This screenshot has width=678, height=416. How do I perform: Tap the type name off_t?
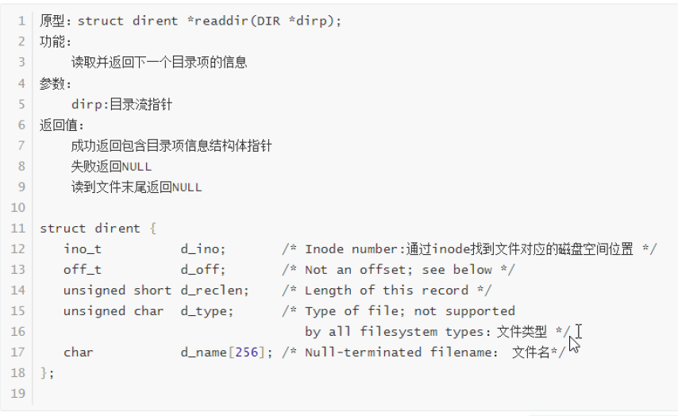click(x=83, y=269)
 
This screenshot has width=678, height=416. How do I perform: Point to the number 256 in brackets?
click(x=247, y=352)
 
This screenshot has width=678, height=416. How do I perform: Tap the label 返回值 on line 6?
click(x=59, y=125)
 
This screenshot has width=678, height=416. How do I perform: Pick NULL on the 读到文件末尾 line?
click(x=187, y=187)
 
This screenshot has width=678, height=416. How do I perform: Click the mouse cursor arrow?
click(x=574, y=344)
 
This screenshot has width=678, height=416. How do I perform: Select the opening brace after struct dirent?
click(x=152, y=228)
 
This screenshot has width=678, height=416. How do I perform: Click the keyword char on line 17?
click(x=79, y=352)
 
